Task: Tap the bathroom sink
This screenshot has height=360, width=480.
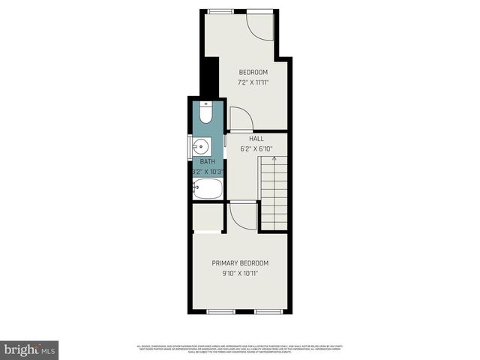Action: click(x=202, y=146)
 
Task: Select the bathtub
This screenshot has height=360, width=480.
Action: click(x=207, y=189)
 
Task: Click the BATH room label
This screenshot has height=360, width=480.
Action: click(x=206, y=161)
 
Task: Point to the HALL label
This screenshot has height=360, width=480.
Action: click(x=256, y=139)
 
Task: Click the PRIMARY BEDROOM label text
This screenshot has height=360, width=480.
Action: click(x=239, y=263)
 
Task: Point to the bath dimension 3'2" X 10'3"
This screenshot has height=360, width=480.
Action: click(x=209, y=170)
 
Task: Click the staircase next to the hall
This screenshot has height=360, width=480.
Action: click(x=275, y=195)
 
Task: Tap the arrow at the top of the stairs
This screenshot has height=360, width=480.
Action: click(x=275, y=158)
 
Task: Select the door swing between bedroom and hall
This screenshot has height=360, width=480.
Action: click(x=240, y=118)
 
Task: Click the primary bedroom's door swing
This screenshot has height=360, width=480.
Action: click(x=241, y=216)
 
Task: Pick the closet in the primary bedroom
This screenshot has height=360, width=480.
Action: click(x=208, y=217)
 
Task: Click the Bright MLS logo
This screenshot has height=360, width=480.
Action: click(x=29, y=349)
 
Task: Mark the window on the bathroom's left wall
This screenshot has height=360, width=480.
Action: click(x=187, y=147)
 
